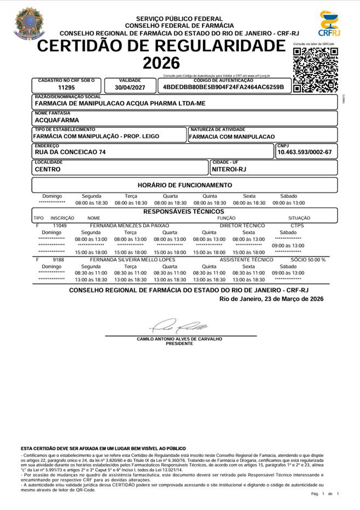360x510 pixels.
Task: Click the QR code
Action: pyautogui.click(x=315, y=70)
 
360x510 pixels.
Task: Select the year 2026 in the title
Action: pyautogui.click(x=161, y=63)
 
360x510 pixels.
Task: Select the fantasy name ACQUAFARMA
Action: pyautogui.click(x=57, y=120)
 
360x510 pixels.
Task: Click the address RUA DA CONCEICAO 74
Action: pyautogui.click(x=70, y=153)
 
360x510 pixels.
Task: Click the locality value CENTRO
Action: pyautogui.click(x=48, y=169)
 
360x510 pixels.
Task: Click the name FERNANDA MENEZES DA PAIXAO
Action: pyautogui.click(x=129, y=225)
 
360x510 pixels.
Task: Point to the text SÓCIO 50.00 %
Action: pyautogui.click(x=308, y=260)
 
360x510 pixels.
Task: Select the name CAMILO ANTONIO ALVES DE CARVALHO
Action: pyautogui.click(x=179, y=339)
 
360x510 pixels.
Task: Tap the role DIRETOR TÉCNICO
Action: pyautogui.click(x=242, y=225)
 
